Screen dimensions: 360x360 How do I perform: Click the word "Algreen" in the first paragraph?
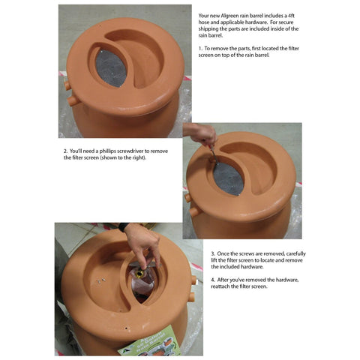[x=230, y=16]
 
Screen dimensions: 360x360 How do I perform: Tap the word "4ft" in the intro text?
[x=291, y=16]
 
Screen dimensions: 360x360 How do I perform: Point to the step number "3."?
[x=213, y=253]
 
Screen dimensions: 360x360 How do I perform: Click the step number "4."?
[x=213, y=280]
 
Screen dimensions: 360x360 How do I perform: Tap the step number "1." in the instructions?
[x=201, y=49]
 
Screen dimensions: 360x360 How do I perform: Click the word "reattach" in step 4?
[x=220, y=286]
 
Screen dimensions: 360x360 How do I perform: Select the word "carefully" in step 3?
[x=296, y=253]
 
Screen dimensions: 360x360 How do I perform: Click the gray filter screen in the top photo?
[x=111, y=68]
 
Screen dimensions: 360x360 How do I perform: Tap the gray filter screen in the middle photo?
[x=228, y=178]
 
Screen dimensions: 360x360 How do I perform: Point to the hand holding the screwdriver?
[x=201, y=133]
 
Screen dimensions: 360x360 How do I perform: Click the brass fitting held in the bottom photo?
[x=139, y=274]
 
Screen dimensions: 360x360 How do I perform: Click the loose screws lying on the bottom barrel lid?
[x=101, y=280]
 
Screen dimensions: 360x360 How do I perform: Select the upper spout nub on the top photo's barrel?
[x=67, y=85]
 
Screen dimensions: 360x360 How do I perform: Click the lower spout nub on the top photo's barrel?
[x=73, y=101]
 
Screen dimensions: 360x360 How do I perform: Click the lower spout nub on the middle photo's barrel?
[x=195, y=212]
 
